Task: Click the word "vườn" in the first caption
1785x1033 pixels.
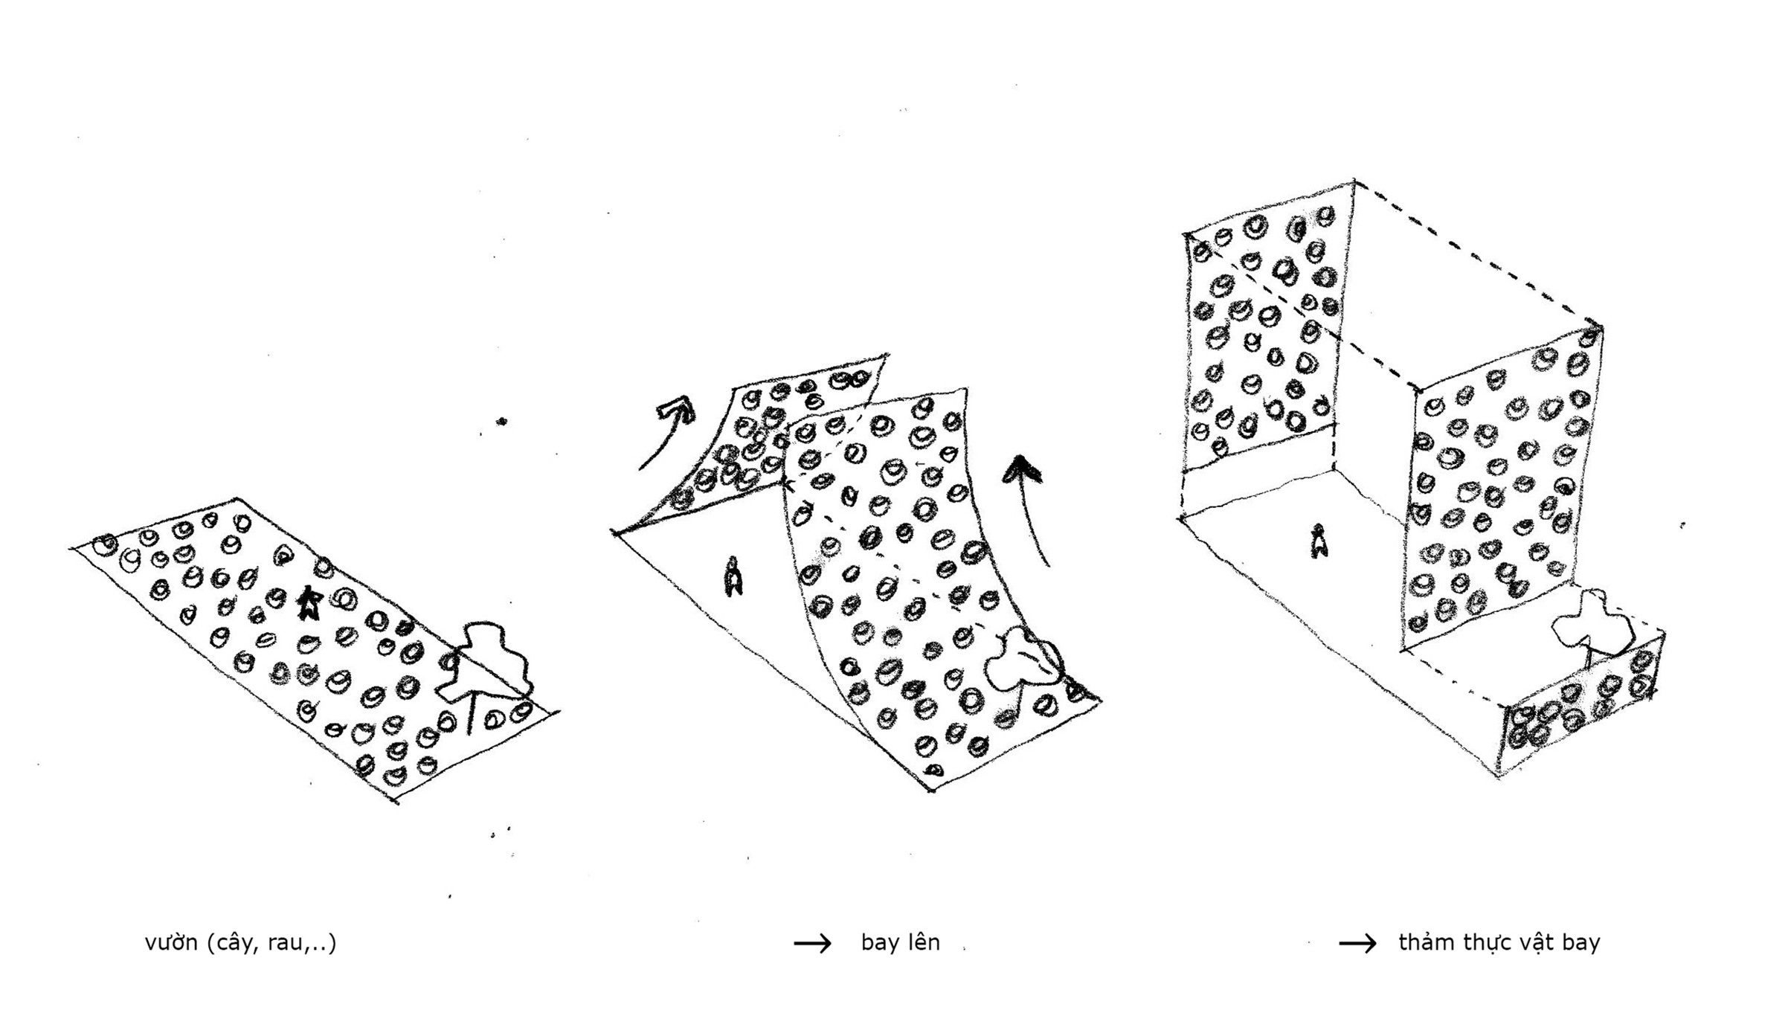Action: point(170,943)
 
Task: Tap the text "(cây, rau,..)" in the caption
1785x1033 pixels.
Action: point(271,943)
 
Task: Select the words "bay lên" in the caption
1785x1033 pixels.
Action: point(900,943)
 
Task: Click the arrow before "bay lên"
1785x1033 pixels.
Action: point(812,944)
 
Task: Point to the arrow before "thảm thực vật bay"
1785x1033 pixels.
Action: point(1357,944)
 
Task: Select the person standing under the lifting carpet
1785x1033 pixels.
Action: point(733,576)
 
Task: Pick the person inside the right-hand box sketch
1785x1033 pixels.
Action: point(1319,541)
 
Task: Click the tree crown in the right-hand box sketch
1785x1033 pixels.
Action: point(1592,625)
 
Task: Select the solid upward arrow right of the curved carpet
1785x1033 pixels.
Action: point(1030,506)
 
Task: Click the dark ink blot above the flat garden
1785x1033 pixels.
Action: point(502,422)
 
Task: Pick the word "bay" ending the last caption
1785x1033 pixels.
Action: point(1580,943)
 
